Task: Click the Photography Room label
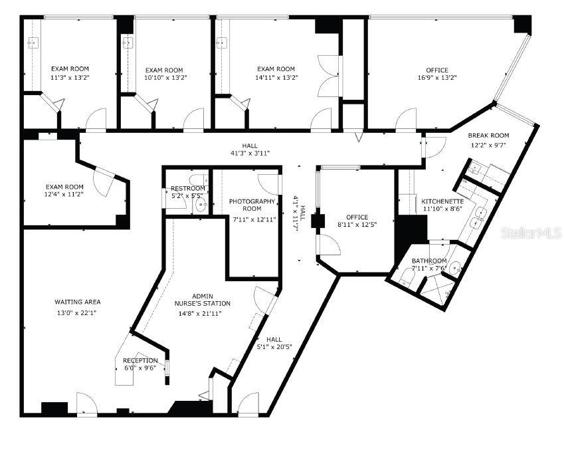(x=252, y=205)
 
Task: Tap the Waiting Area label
(x=78, y=302)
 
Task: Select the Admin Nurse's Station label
(x=202, y=300)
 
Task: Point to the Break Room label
(x=488, y=136)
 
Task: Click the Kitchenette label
(x=442, y=201)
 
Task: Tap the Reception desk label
(x=140, y=360)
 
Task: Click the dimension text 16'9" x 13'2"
(x=437, y=77)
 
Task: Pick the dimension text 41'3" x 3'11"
(x=250, y=153)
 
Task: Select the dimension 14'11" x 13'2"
(x=276, y=77)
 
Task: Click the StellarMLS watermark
(x=531, y=233)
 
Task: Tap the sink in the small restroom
(x=201, y=205)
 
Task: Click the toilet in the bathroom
(x=407, y=277)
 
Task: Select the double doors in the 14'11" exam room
(x=328, y=76)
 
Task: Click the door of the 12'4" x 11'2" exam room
(x=104, y=181)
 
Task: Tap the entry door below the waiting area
(x=87, y=404)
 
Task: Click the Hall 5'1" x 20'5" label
(x=274, y=343)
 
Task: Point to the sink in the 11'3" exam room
(x=33, y=43)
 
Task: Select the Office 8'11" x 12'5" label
(x=357, y=221)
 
